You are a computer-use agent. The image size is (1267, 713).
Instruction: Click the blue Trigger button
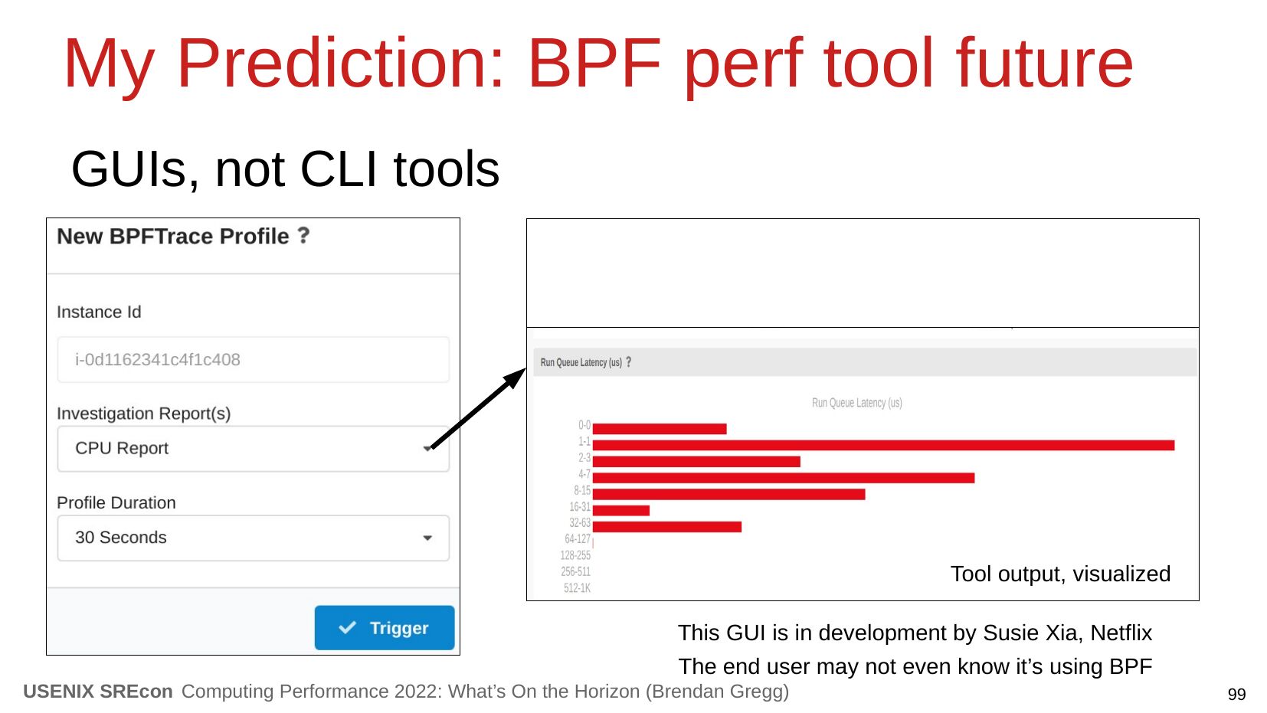(385, 628)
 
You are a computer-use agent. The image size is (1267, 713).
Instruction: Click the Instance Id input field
(254, 360)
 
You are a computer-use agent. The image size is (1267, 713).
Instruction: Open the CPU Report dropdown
(254, 449)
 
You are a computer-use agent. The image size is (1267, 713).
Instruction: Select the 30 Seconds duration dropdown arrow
(427, 538)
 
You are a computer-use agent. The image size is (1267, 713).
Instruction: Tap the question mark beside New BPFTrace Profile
(304, 235)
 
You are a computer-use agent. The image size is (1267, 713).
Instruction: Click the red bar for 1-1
(883, 446)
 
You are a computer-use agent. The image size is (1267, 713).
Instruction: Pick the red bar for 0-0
(660, 429)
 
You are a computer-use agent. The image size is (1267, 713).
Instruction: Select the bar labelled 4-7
(784, 479)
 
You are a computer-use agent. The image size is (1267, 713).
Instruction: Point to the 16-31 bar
(621, 511)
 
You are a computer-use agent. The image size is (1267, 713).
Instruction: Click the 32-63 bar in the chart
(667, 527)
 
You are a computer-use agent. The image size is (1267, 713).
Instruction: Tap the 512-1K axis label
(577, 588)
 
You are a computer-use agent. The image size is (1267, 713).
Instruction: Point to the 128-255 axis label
(575, 555)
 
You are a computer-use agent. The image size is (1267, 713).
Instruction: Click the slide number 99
(1236, 695)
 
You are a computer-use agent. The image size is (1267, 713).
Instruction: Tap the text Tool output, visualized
(1060, 574)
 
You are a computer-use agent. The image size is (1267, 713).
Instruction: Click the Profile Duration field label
(116, 502)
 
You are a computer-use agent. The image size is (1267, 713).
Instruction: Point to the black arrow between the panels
(479, 408)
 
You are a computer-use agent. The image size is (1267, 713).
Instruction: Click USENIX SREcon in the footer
(98, 692)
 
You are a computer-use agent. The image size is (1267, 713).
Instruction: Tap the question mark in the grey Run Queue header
(628, 362)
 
